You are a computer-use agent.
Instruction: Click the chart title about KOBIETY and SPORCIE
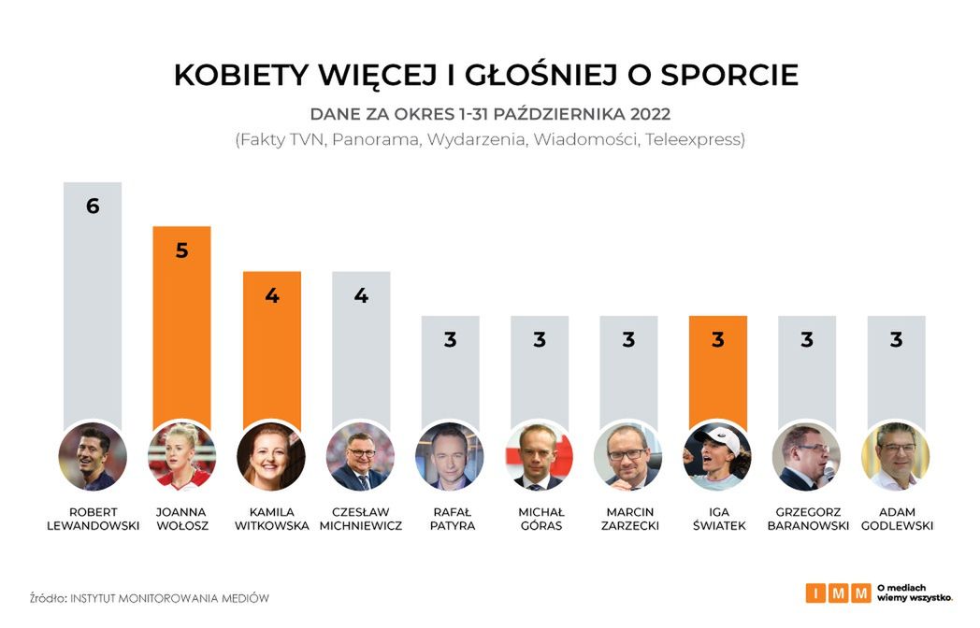486,75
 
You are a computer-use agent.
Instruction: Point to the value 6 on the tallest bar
93,207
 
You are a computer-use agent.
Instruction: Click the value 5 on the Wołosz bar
181,250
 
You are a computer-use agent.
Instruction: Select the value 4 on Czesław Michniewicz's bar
361,295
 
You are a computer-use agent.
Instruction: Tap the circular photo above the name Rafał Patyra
450,457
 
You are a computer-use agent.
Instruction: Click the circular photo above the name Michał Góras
540,457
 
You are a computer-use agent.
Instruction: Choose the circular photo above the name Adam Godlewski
896,457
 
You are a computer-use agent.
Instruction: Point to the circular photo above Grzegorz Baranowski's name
806,457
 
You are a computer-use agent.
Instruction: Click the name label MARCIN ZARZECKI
628,519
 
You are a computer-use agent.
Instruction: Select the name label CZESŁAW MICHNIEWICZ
361,519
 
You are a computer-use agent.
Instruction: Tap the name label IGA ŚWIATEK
717,519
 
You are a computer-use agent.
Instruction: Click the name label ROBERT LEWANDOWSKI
93,519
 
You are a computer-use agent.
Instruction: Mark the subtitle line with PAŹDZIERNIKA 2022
490,114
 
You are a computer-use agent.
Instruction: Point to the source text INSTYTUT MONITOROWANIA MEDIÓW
169,597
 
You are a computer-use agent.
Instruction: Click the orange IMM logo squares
837,592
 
